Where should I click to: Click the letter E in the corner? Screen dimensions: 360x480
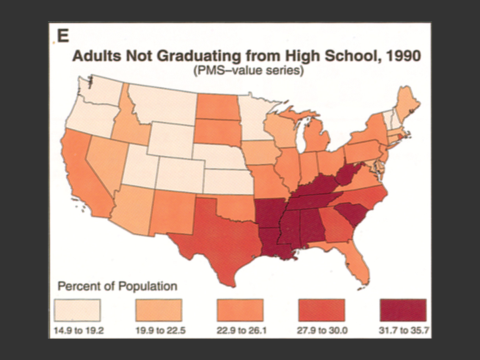point(62,37)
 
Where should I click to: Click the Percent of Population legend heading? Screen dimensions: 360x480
point(118,287)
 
